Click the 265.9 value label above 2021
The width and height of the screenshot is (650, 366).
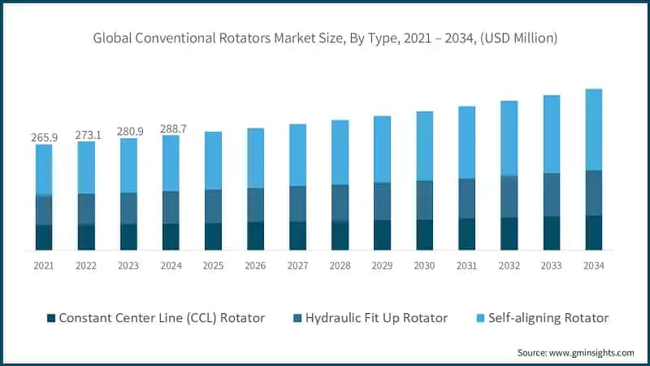click(44, 137)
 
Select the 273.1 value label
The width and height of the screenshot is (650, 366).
click(86, 134)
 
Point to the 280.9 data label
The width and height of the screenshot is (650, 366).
click(128, 131)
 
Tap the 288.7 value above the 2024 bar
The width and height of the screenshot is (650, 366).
click(171, 129)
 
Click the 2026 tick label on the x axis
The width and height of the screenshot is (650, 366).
click(255, 266)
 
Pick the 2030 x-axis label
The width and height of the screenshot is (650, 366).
click(424, 266)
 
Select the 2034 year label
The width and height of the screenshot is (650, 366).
click(593, 266)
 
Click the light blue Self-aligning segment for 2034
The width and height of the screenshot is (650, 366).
click(593, 129)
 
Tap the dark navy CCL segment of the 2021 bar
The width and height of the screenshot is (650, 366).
click(44, 237)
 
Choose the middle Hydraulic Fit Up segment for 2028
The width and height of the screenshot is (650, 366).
click(340, 203)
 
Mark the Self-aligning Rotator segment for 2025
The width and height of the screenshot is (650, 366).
click(213, 160)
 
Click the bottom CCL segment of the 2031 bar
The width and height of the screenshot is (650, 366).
click(466, 234)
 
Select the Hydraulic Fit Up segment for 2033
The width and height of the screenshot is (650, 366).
click(551, 194)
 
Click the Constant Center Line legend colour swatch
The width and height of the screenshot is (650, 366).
click(52, 318)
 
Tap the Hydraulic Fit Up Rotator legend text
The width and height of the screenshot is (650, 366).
click(376, 318)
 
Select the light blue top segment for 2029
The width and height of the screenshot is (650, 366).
click(382, 149)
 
